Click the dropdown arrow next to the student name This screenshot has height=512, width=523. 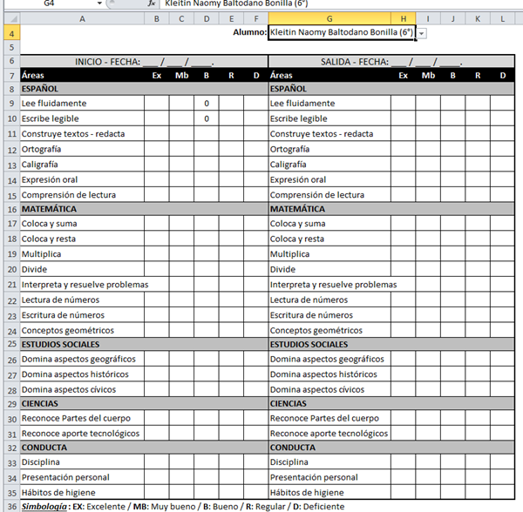point(422,33)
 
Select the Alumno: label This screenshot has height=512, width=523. point(250,32)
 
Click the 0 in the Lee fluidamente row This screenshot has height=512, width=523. point(207,104)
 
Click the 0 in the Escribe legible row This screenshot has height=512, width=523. point(207,118)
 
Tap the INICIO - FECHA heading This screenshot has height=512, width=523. point(144,62)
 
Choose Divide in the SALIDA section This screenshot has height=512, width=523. point(282,269)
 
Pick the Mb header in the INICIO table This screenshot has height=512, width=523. point(181,76)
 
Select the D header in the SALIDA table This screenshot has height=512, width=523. point(503,76)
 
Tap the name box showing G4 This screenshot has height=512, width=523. point(52,3)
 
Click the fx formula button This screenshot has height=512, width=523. point(151,3)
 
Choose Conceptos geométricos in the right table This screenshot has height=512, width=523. point(316,330)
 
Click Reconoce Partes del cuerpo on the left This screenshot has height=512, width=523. point(78,419)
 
